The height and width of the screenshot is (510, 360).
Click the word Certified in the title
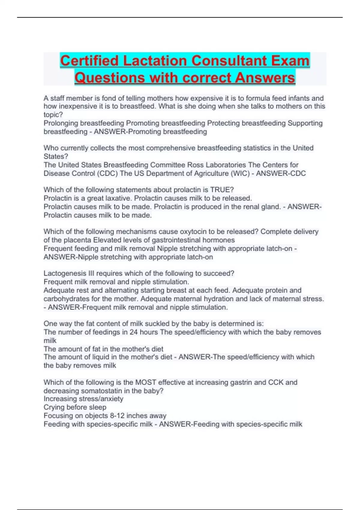pyautogui.click(x=89, y=61)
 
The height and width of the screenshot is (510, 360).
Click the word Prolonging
pyautogui.click(x=62, y=123)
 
